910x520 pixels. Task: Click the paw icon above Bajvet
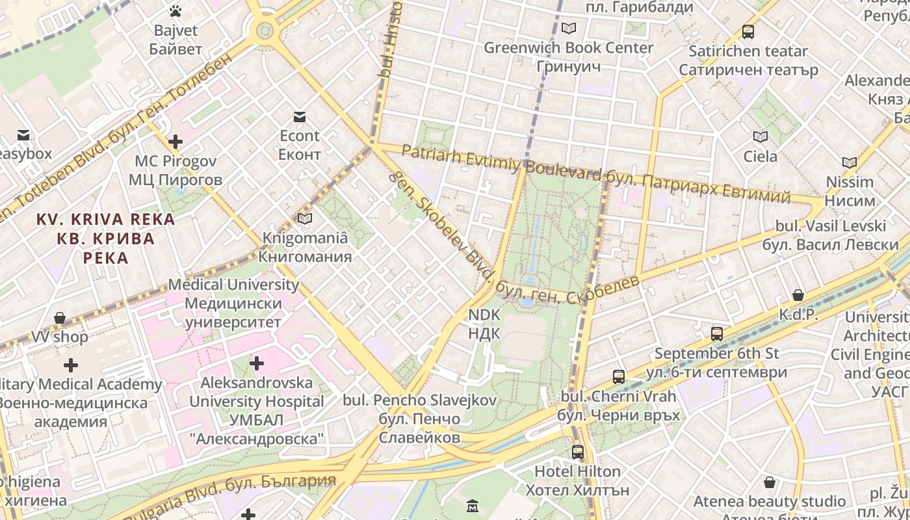(175, 10)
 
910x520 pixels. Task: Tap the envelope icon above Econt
(300, 117)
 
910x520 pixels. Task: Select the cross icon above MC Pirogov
(175, 141)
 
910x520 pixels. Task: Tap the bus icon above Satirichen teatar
(748, 31)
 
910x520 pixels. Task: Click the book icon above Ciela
(760, 136)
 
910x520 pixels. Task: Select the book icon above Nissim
(850, 162)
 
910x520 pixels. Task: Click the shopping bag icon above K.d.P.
(798, 295)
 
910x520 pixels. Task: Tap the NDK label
(485, 324)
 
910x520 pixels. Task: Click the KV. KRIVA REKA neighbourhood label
(105, 239)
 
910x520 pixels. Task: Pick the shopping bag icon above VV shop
(60, 318)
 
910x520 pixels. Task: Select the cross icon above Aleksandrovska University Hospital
(257, 363)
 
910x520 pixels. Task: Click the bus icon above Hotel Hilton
(577, 452)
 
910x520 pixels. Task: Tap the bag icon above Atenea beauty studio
(770, 482)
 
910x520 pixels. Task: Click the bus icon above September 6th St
(717, 334)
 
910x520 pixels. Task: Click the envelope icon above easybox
(23, 135)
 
